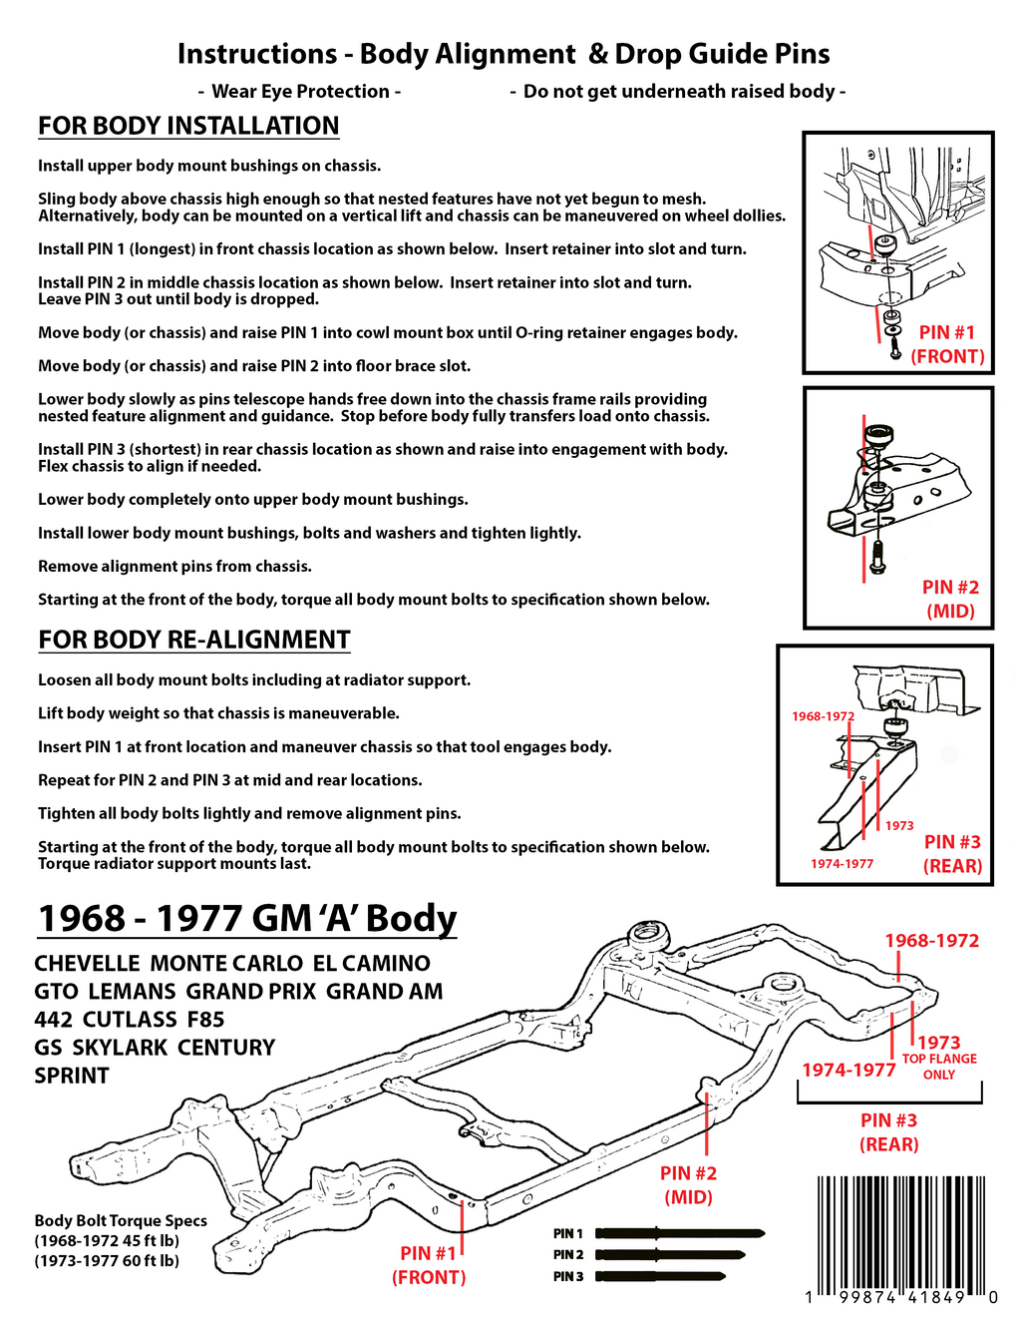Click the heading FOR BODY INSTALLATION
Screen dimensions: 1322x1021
tap(188, 126)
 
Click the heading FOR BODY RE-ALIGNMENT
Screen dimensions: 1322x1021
tap(194, 640)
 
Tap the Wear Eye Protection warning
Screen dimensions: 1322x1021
tap(299, 92)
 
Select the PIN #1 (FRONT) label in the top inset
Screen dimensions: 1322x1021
tap(947, 344)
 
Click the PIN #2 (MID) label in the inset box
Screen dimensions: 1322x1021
tap(950, 599)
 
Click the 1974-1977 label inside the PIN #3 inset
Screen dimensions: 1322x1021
tap(842, 864)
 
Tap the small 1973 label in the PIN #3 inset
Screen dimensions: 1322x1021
tap(899, 825)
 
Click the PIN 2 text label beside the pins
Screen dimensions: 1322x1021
tap(568, 1255)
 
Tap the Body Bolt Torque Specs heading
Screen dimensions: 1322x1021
tap(121, 1221)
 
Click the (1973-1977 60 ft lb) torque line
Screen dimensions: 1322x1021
tap(107, 1261)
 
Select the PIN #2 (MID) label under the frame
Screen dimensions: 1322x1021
tap(688, 1184)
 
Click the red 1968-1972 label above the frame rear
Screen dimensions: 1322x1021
tap(931, 941)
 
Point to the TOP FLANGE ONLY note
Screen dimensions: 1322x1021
tap(939, 1067)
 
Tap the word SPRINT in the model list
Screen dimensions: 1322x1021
tap(72, 1076)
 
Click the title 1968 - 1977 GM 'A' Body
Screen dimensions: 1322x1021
tap(246, 918)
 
